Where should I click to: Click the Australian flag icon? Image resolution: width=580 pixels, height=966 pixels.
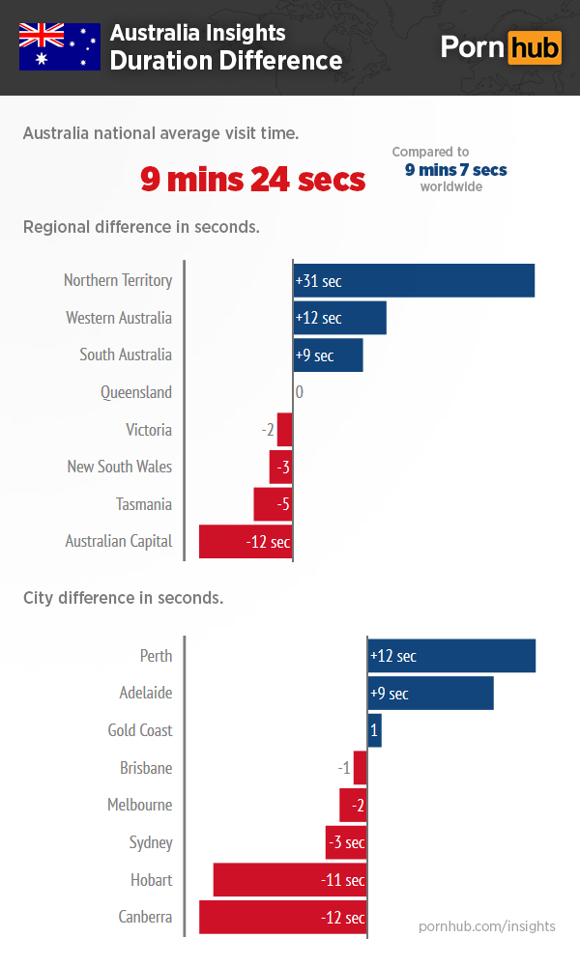[60, 46]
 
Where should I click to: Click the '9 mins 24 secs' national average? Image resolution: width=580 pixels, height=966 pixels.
[253, 179]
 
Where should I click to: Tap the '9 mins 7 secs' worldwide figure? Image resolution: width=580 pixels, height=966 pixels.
[455, 170]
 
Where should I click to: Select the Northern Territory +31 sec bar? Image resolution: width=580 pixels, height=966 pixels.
[414, 281]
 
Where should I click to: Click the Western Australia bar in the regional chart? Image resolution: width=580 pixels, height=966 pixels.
[339, 318]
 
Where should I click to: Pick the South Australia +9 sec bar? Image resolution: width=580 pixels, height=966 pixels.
[328, 355]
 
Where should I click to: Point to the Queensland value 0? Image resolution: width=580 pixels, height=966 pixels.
[299, 392]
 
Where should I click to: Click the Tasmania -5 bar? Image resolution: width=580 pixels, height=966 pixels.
[273, 504]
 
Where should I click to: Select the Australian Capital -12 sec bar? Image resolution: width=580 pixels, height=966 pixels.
[246, 542]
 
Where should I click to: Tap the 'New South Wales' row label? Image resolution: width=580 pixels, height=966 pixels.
[119, 467]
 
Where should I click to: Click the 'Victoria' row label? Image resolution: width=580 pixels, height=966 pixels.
[148, 430]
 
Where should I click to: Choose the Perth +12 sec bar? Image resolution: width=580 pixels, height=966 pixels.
[451, 656]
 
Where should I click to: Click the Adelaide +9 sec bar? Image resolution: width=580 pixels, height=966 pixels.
[430, 694]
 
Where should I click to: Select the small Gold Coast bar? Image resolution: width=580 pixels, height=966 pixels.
[374, 730]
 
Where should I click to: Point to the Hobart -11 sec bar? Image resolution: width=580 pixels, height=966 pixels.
[290, 880]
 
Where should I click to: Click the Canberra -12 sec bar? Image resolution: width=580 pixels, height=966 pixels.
[283, 918]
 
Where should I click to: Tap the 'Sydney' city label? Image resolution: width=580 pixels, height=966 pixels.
[151, 842]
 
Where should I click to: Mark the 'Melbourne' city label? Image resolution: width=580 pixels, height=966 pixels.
[139, 805]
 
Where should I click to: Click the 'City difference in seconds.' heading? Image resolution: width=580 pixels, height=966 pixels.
[124, 598]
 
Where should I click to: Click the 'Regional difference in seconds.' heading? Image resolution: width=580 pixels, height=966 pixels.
[141, 228]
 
